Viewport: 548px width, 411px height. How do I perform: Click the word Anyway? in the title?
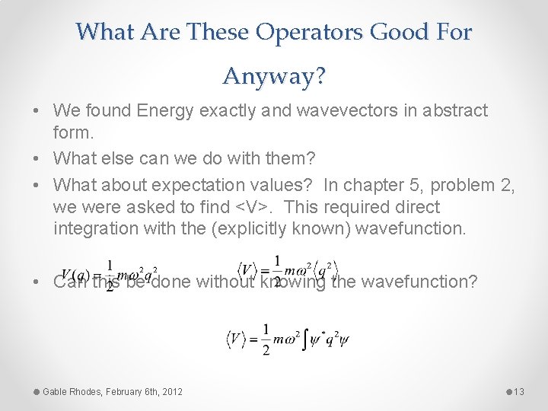(x=273, y=76)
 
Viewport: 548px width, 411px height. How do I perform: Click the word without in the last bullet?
(x=226, y=282)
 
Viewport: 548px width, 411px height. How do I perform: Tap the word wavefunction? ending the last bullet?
(x=419, y=282)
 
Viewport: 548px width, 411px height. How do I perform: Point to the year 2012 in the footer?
(x=171, y=391)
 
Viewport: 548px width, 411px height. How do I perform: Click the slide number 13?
(x=519, y=391)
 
